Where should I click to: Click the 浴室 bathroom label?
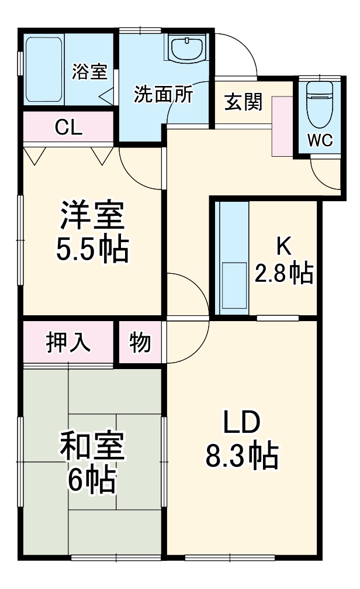pos(90,71)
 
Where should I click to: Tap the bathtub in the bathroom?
pos(44,70)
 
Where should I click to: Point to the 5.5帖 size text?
pos(92,250)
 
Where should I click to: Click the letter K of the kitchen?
pos(283,246)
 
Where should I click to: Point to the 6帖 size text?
pos(92,481)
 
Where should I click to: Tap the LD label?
pos(240,421)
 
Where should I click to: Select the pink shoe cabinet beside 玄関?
pos(281,126)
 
